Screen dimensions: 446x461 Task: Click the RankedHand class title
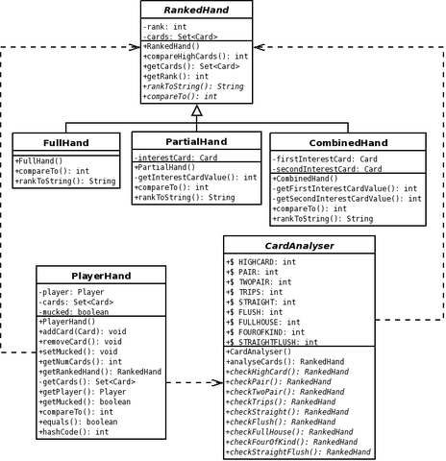(x=196, y=10)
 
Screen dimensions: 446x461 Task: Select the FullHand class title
(x=66, y=143)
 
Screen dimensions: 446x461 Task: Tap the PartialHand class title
(x=196, y=141)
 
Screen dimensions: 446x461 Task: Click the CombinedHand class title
(x=348, y=143)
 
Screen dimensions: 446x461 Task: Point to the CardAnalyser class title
(x=299, y=246)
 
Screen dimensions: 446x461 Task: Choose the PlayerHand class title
(x=101, y=276)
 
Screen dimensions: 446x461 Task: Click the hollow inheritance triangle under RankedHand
(x=197, y=110)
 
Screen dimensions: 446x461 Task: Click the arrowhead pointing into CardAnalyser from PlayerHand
(x=218, y=382)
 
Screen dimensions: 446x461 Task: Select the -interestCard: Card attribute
(x=176, y=158)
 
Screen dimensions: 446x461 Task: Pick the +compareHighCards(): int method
(x=195, y=57)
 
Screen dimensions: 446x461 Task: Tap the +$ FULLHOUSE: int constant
(x=262, y=322)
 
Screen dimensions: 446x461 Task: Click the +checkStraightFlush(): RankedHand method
(x=298, y=452)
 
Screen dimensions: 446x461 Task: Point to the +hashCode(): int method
(x=74, y=432)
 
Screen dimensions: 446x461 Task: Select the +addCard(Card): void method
(x=83, y=331)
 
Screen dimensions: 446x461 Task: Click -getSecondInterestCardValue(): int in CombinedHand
(x=347, y=199)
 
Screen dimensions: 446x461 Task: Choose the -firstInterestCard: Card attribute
(x=325, y=159)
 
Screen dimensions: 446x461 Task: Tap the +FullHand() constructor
(x=38, y=160)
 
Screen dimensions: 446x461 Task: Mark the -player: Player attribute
(x=71, y=292)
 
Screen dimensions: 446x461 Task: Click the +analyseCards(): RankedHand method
(x=285, y=362)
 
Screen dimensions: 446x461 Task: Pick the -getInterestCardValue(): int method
(x=195, y=178)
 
